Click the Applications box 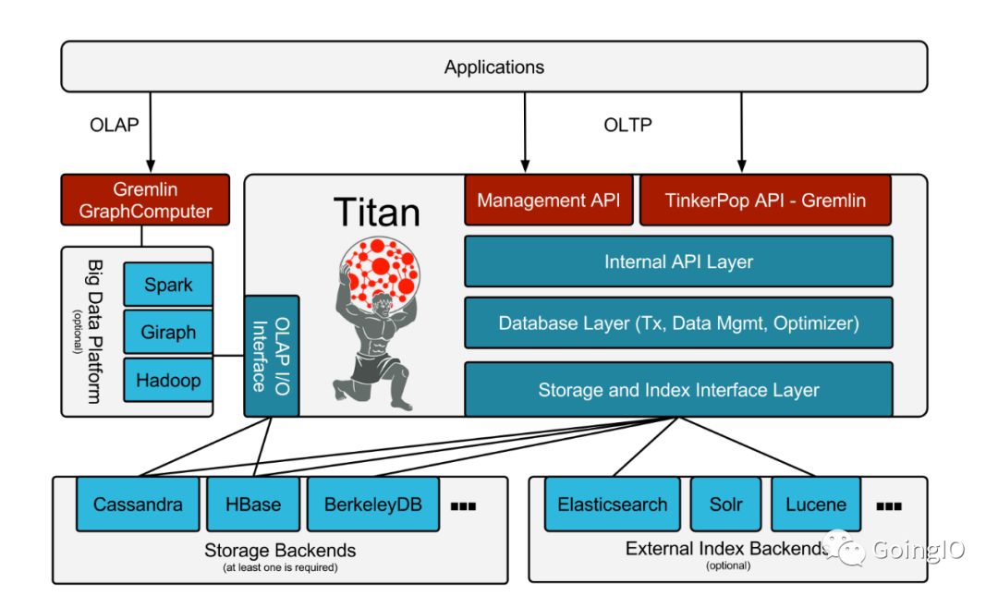(494, 67)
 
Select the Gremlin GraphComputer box (145, 200)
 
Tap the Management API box (549, 200)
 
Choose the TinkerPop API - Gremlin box (765, 200)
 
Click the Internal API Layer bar (678, 262)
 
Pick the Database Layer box (678, 323)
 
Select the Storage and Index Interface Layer (678, 389)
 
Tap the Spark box (168, 285)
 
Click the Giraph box (168, 333)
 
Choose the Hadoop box (168, 380)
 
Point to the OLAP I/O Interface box (272, 356)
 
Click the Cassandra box (138, 505)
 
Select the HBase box (252, 505)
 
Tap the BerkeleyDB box (372, 505)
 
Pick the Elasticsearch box (612, 505)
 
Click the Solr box (725, 505)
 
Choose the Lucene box (816, 505)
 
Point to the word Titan (376, 213)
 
